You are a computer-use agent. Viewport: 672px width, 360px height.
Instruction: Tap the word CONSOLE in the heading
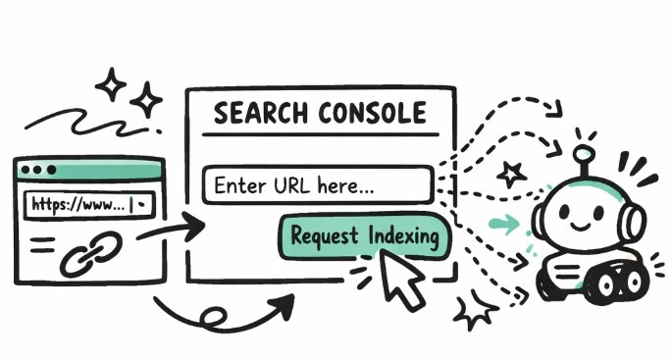pyautogui.click(x=362, y=113)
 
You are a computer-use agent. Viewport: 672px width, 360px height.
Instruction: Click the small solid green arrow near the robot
pyautogui.click(x=502, y=226)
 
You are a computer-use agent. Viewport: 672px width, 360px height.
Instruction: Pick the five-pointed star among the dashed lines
pyautogui.click(x=511, y=175)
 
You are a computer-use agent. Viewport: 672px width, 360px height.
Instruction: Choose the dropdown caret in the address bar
pyautogui.click(x=143, y=206)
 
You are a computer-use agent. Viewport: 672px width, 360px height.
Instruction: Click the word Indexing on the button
pyautogui.click(x=406, y=236)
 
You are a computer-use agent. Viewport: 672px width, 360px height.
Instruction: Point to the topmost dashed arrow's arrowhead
pyautogui.click(x=556, y=108)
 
